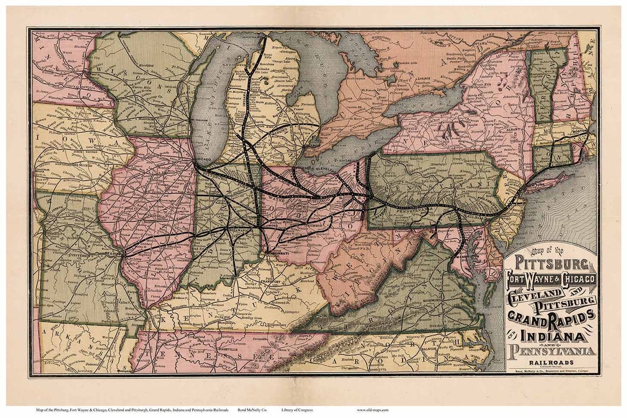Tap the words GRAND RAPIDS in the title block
pyautogui.click(x=551, y=316)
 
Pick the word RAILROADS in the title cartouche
pyautogui.click(x=552, y=362)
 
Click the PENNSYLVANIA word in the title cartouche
pyautogui.click(x=552, y=350)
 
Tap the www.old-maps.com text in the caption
pyautogui.click(x=372, y=410)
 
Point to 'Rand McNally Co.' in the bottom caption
pyautogui.click(x=251, y=410)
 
